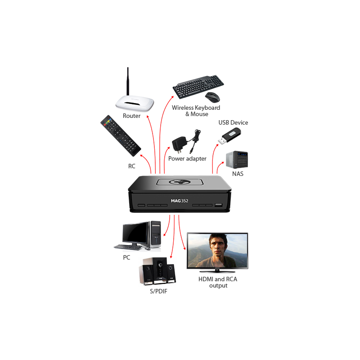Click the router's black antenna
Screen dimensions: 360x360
[128, 83]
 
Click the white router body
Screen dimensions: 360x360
[134, 104]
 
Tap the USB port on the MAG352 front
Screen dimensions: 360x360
[218, 206]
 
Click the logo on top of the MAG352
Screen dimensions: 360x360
[180, 182]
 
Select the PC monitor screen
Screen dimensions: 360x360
[135, 232]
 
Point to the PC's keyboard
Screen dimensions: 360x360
[128, 247]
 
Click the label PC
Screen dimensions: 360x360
[126, 258]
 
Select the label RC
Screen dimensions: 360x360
[132, 166]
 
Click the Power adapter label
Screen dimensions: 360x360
[188, 159]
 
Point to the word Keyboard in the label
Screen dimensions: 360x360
[206, 108]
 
